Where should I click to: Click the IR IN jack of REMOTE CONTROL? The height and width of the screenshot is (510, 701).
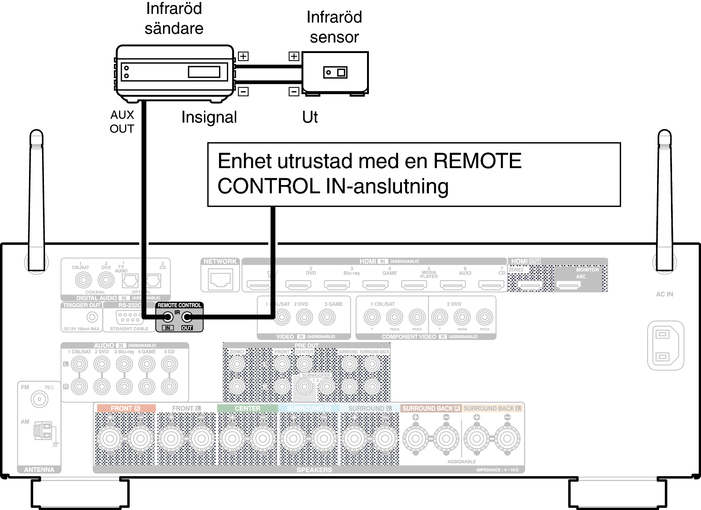[x=168, y=317]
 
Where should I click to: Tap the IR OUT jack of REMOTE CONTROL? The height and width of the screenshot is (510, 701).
[x=187, y=317]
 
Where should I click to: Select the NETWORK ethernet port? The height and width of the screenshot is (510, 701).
[x=220, y=279]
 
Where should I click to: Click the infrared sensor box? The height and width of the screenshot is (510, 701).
[x=335, y=72]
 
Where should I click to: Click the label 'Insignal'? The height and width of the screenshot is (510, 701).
[x=209, y=117]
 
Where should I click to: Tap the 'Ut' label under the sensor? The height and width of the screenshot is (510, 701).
[x=310, y=117]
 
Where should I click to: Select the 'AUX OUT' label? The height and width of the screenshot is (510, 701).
[x=122, y=121]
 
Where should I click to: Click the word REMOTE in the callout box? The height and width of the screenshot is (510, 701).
[x=477, y=161]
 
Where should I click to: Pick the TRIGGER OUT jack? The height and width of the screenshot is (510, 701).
[x=92, y=317]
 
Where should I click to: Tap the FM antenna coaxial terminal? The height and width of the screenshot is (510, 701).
[x=39, y=399]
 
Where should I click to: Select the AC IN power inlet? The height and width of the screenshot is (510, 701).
[x=665, y=345]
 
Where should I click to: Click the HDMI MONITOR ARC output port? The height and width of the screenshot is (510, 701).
[x=568, y=286]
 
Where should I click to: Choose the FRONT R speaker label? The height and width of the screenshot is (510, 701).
[x=125, y=408]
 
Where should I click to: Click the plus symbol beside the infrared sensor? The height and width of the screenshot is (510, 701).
[x=294, y=56]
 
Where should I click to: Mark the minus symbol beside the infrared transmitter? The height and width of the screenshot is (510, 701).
[x=243, y=91]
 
